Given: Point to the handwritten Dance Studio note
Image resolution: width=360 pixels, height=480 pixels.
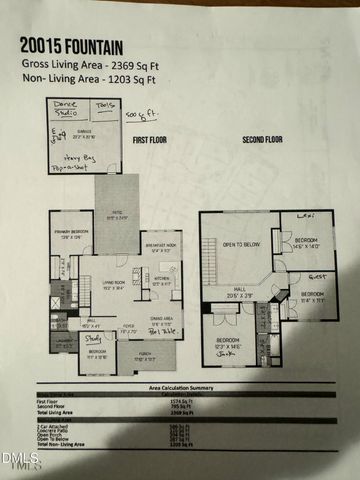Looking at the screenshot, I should point(66,108).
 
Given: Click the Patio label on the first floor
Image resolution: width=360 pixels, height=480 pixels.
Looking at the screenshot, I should point(117,215).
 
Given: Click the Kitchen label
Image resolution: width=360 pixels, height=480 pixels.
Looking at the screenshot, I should point(162,281).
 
